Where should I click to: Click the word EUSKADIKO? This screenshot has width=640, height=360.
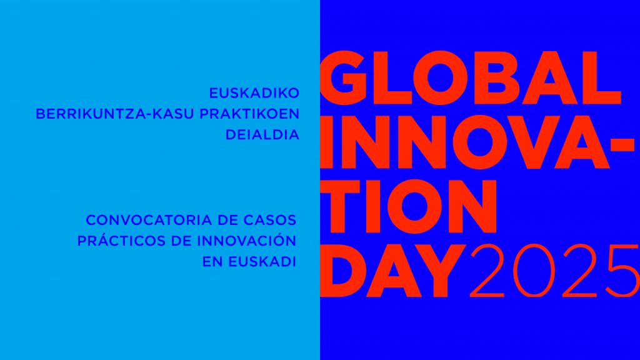tap(254, 93)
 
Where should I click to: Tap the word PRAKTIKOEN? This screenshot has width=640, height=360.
tap(249, 114)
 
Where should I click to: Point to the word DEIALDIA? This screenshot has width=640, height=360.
tap(262, 135)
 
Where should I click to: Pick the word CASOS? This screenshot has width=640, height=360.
tap(270, 220)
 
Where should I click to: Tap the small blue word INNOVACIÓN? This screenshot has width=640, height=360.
tap(246, 240)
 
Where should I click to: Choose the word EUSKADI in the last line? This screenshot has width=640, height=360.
tap(262, 262)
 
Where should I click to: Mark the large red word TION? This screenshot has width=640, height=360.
tap(409, 206)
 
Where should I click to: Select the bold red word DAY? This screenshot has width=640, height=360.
tap(392, 271)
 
